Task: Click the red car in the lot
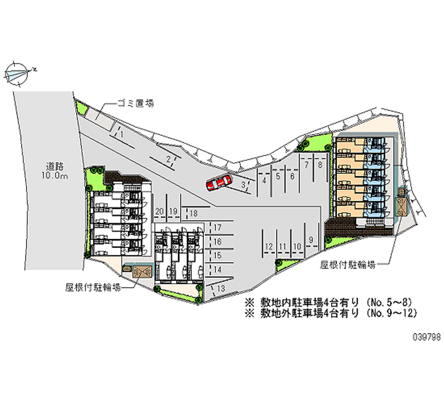pos(219,183)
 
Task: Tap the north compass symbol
pos(18,74)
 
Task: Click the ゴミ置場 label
pos(135,104)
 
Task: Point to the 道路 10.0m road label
pos(55,171)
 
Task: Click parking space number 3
pos(243,185)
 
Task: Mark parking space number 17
pos(218,227)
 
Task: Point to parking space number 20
pos(159,211)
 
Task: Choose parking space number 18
pos(193,213)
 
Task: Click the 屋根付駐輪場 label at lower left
pos(93,287)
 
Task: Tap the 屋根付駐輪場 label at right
pos(348,265)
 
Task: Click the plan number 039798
pos(427,337)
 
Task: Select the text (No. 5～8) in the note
pos(388,302)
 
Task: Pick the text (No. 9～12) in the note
pos(391,313)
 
